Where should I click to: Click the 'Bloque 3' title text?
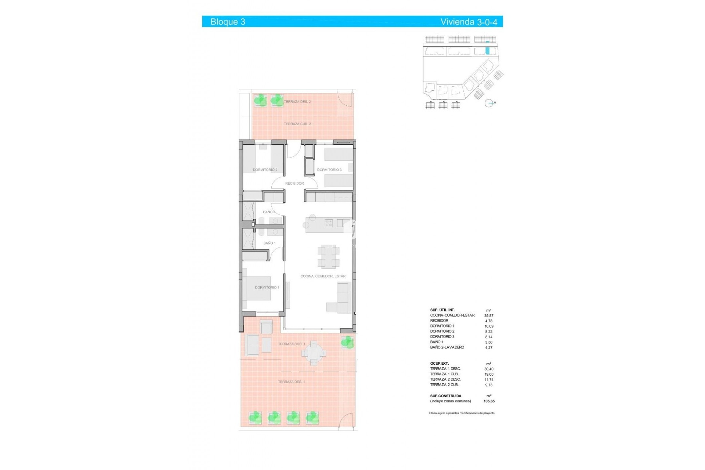[x=228, y=22]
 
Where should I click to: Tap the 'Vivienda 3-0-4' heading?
[x=469, y=22]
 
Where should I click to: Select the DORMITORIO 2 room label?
[x=265, y=170]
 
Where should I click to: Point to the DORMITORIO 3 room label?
[x=329, y=170]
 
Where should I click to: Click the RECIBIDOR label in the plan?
[x=294, y=183]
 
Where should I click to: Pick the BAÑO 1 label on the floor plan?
[x=269, y=243]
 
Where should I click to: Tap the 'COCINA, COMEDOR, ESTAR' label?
[x=323, y=276]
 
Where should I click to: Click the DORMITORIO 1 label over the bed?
[x=267, y=288]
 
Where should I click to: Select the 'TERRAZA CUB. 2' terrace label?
[x=297, y=124]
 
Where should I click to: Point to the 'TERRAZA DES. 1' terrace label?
[x=291, y=382]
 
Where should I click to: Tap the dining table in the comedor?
[x=328, y=256]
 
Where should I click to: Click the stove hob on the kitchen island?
[x=329, y=223]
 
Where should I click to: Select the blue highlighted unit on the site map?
[x=487, y=51]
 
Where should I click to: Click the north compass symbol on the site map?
[x=489, y=103]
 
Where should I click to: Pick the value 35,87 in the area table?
[x=489, y=315]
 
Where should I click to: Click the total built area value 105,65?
[x=489, y=401]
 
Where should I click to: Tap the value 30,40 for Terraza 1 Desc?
[x=489, y=369]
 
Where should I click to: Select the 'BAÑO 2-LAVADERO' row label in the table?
[x=447, y=347]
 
